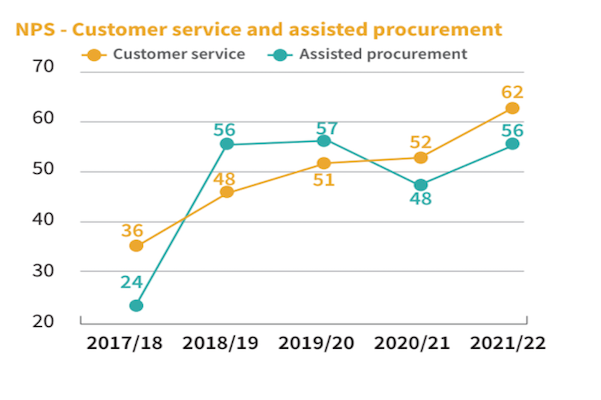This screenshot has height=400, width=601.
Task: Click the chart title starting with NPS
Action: pyautogui.click(x=259, y=29)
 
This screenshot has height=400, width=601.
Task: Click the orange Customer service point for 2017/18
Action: pyautogui.click(x=136, y=246)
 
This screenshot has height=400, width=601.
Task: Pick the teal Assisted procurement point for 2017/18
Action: pyautogui.click(x=136, y=306)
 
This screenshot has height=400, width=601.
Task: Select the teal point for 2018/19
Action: pyautogui.click(x=227, y=144)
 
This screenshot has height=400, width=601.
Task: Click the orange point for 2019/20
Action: pyautogui.click(x=324, y=163)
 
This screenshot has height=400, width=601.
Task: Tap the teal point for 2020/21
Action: pyautogui.click(x=421, y=185)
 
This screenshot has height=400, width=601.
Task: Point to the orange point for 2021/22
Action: pyautogui.click(x=512, y=108)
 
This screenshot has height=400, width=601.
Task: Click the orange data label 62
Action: pyautogui.click(x=512, y=92)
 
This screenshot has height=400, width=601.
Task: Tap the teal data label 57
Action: pyautogui.click(x=327, y=129)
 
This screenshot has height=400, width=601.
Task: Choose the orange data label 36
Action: pyautogui.click(x=132, y=231)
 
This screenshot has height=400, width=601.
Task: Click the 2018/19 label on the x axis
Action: pyautogui.click(x=221, y=343)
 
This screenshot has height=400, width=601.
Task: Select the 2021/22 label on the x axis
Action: pyautogui.click(x=508, y=343)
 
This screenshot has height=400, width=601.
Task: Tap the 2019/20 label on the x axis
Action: pyautogui.click(x=316, y=343)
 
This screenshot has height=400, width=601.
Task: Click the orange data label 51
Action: pyautogui.click(x=324, y=180)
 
